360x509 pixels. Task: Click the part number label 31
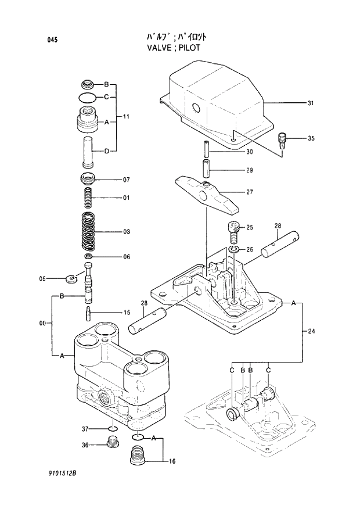coord(311,103)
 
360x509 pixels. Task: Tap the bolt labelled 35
coord(283,140)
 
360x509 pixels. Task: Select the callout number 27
coord(249,192)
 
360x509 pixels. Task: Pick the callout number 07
coord(125,180)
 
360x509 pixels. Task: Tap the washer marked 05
coord(72,277)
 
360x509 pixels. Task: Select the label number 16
coord(172,461)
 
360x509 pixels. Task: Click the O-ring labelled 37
coord(113,429)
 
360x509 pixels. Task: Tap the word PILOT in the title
coord(188,48)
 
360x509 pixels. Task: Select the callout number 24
coord(311,331)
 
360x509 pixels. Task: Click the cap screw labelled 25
coord(233,232)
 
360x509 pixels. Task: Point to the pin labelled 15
coord(89,313)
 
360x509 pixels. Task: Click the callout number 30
coord(249,152)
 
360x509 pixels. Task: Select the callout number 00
coord(42,322)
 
